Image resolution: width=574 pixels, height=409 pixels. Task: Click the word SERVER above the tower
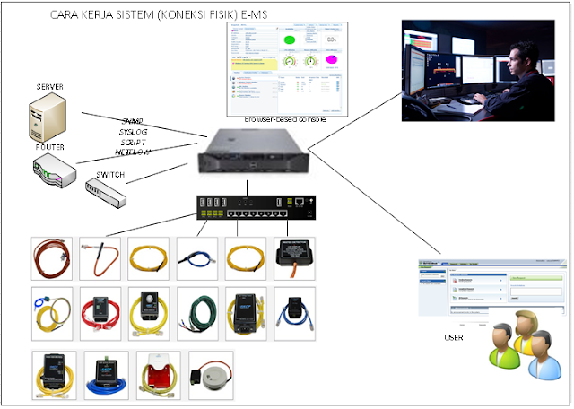pyautogui.click(x=48, y=86)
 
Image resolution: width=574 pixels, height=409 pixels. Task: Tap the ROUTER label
pyautogui.click(x=50, y=146)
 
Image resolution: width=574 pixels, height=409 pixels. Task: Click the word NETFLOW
pyautogui.click(x=131, y=152)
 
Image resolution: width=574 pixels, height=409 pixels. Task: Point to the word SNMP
pyautogui.click(x=134, y=121)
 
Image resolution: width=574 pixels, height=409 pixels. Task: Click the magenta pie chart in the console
pyautogui.click(x=330, y=60)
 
